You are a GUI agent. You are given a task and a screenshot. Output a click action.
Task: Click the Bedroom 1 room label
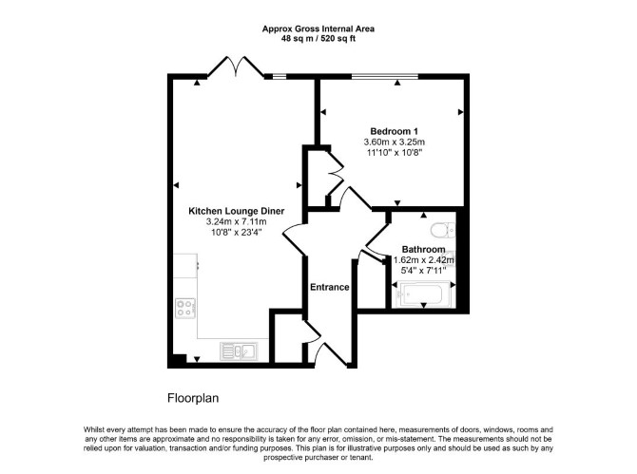coord(394,131)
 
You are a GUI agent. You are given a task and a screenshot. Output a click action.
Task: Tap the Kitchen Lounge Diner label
coord(237,211)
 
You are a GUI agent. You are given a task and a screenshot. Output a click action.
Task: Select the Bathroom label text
coord(423,249)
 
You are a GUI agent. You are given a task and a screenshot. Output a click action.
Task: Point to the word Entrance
coord(330,287)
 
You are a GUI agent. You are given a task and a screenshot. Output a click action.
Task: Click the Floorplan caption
coord(193,398)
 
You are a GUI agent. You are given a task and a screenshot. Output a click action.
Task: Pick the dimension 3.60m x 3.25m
coord(394,142)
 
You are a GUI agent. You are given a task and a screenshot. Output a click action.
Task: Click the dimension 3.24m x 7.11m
coord(237,221)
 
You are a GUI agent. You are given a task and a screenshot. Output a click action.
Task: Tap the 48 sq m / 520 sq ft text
coord(318,39)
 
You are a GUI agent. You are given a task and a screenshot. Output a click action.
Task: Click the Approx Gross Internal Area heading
coord(318,28)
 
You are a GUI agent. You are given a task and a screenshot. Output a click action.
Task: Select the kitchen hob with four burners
coord(185,308)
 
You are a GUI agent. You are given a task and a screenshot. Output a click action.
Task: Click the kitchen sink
coord(239,351)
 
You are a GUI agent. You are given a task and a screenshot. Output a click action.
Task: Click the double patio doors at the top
coord(236,66)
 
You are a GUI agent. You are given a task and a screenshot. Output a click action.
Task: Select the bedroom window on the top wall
coord(385,76)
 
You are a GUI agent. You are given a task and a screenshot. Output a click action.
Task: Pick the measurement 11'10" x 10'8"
coord(394,153)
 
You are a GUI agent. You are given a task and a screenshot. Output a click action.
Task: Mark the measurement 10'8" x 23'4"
coord(237,233)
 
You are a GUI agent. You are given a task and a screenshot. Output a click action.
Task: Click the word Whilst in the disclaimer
coord(94,429)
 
